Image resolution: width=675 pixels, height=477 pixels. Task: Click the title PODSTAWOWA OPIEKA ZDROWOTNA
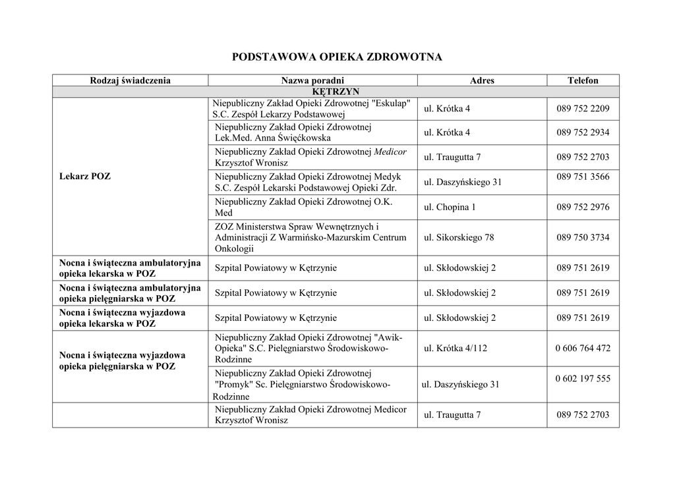tap(337, 57)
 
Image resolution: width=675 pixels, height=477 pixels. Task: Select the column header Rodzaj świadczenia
tap(130, 80)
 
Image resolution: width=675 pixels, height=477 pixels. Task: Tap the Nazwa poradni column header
tap(312, 80)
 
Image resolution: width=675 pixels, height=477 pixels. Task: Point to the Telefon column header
tap(583, 80)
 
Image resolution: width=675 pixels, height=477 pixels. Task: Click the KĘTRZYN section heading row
tap(336, 92)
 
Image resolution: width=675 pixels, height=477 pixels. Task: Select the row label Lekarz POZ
tap(85, 176)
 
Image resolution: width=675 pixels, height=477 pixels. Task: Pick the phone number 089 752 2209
tap(583, 108)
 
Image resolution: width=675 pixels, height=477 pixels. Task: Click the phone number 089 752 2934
tap(583, 132)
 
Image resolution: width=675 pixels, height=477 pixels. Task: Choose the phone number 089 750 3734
tap(583, 237)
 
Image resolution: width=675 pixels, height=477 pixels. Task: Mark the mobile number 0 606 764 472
tap(583, 348)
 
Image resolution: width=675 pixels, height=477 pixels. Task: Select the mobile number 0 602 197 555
tap(583, 378)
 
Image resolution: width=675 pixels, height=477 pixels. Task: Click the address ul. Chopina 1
tap(450, 207)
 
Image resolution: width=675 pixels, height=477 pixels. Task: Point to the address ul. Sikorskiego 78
tap(459, 237)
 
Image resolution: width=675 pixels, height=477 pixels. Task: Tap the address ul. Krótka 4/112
tap(455, 348)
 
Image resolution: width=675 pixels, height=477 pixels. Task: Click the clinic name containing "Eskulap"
tap(311, 109)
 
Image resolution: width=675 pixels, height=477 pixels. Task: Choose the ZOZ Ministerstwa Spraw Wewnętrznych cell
tap(310, 237)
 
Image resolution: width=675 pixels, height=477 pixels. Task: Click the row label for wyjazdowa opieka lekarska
tap(122, 318)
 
